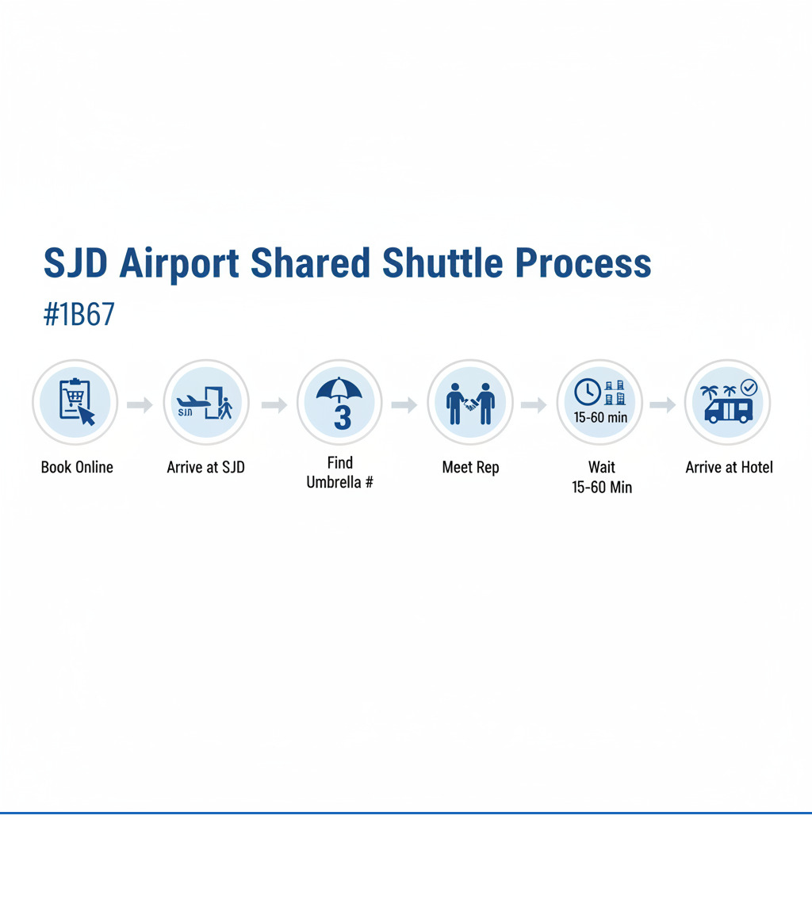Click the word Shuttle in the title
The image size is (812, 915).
(x=442, y=263)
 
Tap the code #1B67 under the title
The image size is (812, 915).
(x=79, y=315)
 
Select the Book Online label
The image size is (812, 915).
(x=77, y=468)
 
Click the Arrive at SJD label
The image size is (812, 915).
(x=205, y=468)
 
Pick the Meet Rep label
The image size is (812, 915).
(x=470, y=468)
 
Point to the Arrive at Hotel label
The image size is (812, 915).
(x=729, y=468)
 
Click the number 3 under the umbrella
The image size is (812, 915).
(x=343, y=417)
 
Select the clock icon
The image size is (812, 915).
(x=588, y=392)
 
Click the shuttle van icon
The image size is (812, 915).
(x=729, y=410)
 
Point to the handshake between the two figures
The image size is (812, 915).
(x=470, y=403)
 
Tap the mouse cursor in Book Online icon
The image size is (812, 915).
(x=86, y=415)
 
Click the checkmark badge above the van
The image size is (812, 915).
(x=749, y=387)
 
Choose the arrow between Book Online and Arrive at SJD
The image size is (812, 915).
(x=140, y=404)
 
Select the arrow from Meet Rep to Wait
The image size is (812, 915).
(x=534, y=404)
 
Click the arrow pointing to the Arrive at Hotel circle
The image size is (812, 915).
(x=663, y=404)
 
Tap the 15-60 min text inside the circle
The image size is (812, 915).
(x=600, y=417)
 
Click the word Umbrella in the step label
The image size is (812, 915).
(x=334, y=482)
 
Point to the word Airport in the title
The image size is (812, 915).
(x=179, y=264)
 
